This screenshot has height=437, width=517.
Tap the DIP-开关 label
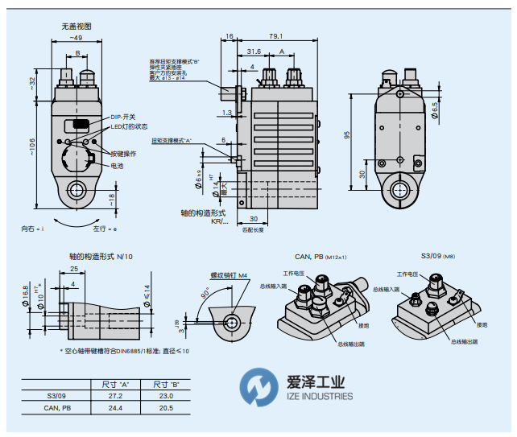pyautogui.click(x=123, y=117)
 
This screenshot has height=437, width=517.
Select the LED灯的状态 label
pyautogui.click(x=129, y=127)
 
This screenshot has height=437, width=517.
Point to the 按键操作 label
pyautogui.click(x=123, y=153)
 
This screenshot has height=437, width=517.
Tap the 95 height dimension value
pyautogui.click(x=348, y=136)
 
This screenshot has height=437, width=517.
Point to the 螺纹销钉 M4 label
pyautogui.click(x=228, y=275)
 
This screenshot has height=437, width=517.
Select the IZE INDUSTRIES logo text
pyautogui.click(x=320, y=396)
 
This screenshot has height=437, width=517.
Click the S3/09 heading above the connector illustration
pyautogui.click(x=432, y=256)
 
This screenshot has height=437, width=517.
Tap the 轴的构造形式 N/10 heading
pyautogui.click(x=99, y=256)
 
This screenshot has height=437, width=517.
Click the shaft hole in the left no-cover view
pyautogui.click(x=77, y=190)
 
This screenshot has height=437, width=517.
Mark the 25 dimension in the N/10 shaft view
pyautogui.click(x=73, y=269)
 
